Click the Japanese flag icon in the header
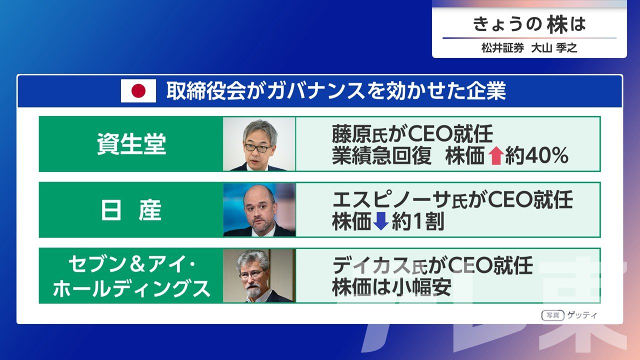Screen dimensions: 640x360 [x=138, y=91]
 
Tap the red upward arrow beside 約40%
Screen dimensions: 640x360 [x=495, y=156]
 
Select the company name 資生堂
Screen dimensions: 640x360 [x=131, y=144]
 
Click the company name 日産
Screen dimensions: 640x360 [x=131, y=210]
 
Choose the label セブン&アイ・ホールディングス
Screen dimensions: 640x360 [x=131, y=276]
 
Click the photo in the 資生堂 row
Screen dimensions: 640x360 [x=259, y=144]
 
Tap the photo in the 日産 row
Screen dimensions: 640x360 [x=259, y=210]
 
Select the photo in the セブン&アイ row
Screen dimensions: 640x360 [x=259, y=275]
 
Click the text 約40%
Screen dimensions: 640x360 [x=536, y=156]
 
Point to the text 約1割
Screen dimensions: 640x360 [x=418, y=221]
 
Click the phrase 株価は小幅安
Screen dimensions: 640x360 [x=391, y=287]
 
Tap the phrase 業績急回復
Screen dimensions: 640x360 [x=381, y=156]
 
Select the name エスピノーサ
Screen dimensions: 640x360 [x=391, y=199]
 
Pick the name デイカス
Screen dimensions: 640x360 [x=371, y=265]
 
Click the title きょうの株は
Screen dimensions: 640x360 [x=529, y=24]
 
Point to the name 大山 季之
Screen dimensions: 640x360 [x=554, y=48]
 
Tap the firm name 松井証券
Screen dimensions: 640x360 [x=502, y=48]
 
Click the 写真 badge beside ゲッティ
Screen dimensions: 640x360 [x=553, y=315]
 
